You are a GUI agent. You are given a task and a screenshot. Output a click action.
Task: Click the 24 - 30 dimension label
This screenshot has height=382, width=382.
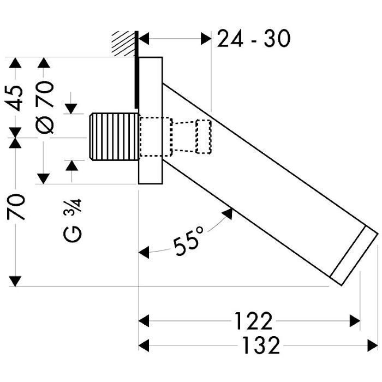(x=253, y=39)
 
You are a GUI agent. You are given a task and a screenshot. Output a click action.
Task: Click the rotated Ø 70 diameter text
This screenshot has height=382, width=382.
(x=45, y=106)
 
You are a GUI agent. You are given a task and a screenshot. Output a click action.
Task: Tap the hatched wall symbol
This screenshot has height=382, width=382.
(x=123, y=44)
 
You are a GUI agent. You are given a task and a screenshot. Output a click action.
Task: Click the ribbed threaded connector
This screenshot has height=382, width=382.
(x=112, y=136)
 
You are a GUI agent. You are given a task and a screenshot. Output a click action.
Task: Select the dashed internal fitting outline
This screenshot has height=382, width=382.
(x=175, y=136)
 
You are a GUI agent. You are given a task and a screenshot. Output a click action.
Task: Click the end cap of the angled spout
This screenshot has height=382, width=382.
(x=355, y=256)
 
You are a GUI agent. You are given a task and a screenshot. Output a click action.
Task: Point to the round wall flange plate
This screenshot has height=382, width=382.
(x=151, y=120)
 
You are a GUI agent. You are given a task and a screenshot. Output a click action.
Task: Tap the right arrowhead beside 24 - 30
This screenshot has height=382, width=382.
(x=206, y=39)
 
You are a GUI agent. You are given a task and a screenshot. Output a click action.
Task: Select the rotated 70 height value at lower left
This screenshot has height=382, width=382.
(x=18, y=206)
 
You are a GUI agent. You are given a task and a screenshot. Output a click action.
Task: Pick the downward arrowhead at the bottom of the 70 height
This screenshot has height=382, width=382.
(x=17, y=280)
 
